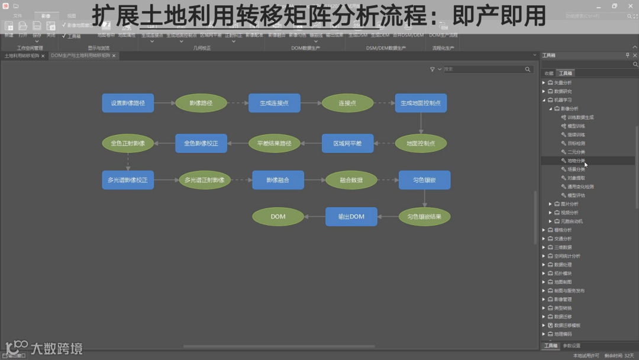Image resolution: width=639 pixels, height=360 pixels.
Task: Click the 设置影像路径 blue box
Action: [x=128, y=103]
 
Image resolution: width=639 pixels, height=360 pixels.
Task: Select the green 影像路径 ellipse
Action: [x=201, y=103]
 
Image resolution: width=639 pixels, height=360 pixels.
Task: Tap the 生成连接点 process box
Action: [x=274, y=103]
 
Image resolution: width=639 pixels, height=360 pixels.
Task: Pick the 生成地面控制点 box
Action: [x=421, y=103]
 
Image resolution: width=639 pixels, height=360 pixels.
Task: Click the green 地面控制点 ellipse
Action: [x=421, y=143]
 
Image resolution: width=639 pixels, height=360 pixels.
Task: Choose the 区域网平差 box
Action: [x=347, y=143]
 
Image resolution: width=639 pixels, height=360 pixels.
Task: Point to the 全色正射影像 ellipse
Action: [x=128, y=143]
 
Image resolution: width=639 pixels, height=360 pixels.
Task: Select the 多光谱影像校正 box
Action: [x=128, y=180]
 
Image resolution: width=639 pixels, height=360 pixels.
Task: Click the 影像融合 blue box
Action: [x=277, y=180]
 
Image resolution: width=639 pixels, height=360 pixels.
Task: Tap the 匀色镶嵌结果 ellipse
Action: [x=424, y=217]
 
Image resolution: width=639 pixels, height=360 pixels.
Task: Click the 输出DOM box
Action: [x=351, y=217]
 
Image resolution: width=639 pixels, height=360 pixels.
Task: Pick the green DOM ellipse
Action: [x=278, y=217]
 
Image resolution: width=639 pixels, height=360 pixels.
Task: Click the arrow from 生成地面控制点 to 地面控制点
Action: [x=421, y=123]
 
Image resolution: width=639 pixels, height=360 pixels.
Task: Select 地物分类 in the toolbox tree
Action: [x=576, y=160]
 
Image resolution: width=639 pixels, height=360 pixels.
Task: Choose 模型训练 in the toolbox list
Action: [x=576, y=126]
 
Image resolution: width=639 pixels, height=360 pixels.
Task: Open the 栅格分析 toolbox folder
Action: [x=563, y=230]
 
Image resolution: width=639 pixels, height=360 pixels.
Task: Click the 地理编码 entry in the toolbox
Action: [x=563, y=334]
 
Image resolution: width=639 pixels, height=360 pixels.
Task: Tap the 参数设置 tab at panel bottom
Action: [x=572, y=346]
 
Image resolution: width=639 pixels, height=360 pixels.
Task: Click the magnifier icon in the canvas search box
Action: [x=528, y=69]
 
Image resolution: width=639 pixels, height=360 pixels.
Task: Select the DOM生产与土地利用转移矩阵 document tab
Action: [x=80, y=56]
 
